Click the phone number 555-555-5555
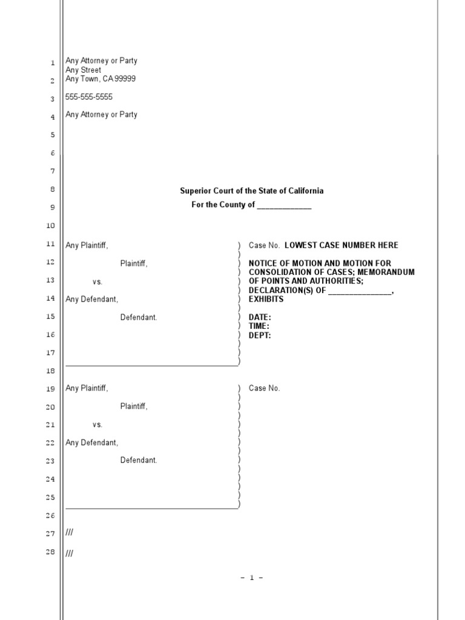coord(89,97)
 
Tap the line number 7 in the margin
coord(53,171)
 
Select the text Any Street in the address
coord(83,70)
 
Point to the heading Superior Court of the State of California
coord(251,191)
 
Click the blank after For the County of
coord(284,205)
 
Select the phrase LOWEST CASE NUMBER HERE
coord(341,245)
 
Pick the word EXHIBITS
coord(266,299)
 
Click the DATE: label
coord(260,317)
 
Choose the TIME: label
coord(259,326)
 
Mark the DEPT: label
coord(260,335)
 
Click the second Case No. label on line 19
coord(265,388)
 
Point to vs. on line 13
coord(97,282)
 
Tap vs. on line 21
coord(97,425)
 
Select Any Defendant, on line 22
coord(92,443)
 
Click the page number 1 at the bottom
coord(252,578)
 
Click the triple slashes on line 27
coord(69,533)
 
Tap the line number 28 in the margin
coord(51,552)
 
